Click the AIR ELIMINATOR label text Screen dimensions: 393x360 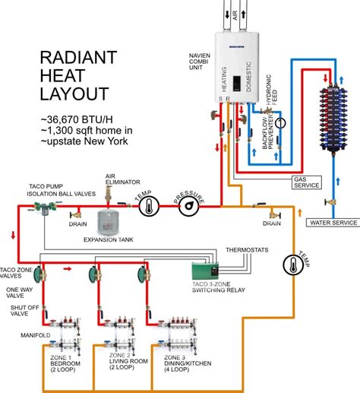(x=121, y=179)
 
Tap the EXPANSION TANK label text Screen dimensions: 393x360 (x=113, y=239)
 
